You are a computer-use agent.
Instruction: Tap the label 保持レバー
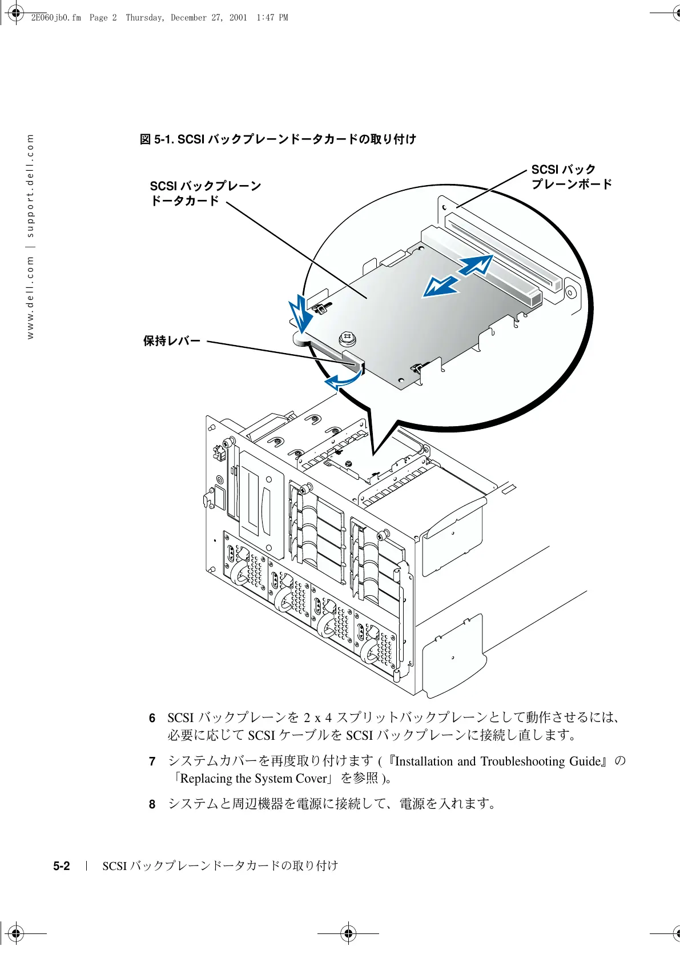coord(172,341)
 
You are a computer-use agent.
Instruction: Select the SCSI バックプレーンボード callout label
coord(571,177)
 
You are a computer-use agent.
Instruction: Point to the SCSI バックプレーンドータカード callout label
coord(205,193)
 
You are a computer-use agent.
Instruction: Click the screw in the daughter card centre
coord(348,339)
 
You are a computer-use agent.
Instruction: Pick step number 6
coord(152,718)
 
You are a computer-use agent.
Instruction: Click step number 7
coord(152,761)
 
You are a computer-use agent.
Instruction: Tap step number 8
coord(152,804)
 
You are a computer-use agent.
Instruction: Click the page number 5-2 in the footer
coord(62,866)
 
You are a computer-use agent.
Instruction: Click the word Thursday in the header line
coord(144,18)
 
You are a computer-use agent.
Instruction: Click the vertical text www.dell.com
coord(30,296)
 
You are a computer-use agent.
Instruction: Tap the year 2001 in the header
coord(238,18)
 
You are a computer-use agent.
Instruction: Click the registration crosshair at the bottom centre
coord(348,933)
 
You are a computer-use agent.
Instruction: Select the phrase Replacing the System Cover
coord(253,779)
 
